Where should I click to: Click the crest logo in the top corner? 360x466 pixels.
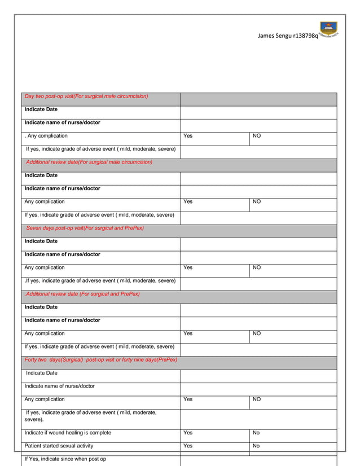coord(328,29)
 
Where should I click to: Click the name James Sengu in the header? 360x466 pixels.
coord(275,36)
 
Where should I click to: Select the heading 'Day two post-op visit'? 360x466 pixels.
coord(86,96)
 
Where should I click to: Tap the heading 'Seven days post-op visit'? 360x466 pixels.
coord(85,228)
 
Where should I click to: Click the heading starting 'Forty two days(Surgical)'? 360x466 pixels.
coord(100,359)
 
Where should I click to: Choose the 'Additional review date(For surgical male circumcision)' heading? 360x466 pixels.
coord(89,162)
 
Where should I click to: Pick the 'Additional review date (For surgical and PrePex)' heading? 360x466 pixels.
coord(82,294)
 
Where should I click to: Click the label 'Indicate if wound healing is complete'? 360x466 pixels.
coord(68,433)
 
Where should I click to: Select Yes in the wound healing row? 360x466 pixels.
coord(188,433)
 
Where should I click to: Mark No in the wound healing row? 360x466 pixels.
coord(256,433)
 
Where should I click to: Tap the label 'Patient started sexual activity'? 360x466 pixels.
coord(59,446)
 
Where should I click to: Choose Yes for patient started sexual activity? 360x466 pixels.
coord(188,446)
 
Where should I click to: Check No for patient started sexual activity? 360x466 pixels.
coord(256,446)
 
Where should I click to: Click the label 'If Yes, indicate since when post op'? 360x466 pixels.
coord(65,459)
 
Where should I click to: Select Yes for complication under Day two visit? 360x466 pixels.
coord(188,136)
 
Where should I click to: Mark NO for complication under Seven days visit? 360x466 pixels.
coord(256,267)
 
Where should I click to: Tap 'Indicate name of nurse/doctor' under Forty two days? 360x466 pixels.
coord(60,386)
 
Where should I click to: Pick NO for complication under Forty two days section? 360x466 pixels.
coord(256,399)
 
